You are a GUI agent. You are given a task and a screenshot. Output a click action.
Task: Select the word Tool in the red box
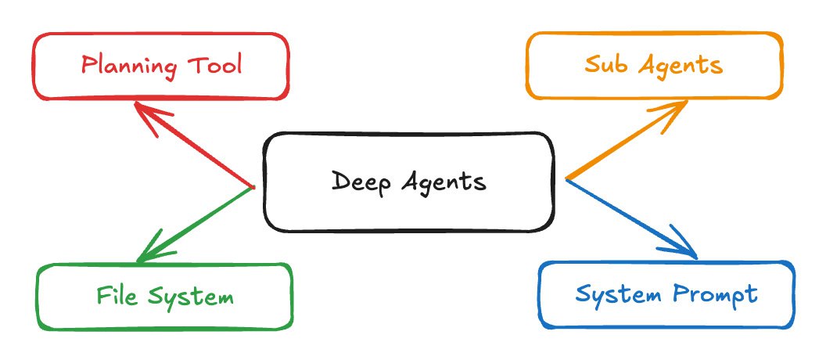215,63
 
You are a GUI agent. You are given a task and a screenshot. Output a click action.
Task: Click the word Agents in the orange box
680,66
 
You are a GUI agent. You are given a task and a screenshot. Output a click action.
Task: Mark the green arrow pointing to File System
196,223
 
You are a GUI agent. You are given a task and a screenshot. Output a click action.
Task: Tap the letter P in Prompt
681,294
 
